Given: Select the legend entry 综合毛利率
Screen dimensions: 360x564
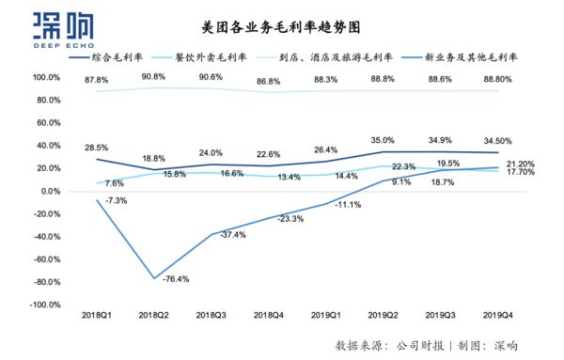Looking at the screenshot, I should (132, 57).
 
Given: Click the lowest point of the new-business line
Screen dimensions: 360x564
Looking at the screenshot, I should (154, 278).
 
